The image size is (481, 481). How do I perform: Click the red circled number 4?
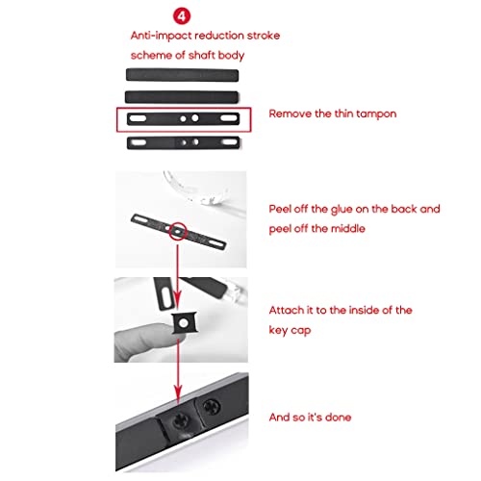182,15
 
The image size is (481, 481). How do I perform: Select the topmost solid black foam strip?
182,75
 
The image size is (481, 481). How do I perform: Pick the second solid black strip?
182,97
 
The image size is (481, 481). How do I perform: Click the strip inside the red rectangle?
183,118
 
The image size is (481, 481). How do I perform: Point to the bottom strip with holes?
183,142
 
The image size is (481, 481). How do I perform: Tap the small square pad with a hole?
184,322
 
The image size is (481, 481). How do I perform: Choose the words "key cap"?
290,330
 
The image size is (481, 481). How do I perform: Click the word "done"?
338,417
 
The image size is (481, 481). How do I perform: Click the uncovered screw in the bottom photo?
211,407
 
